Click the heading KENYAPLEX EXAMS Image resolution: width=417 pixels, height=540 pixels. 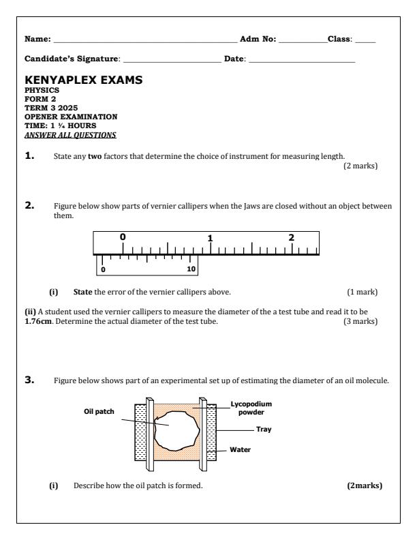(89, 80)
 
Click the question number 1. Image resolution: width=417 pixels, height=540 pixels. (31, 155)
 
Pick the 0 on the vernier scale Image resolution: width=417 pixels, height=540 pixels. (103, 269)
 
